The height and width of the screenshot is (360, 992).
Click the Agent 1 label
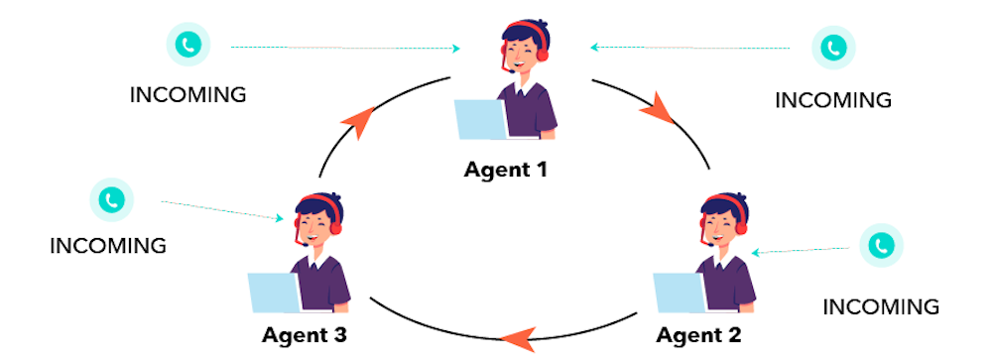click(x=506, y=170)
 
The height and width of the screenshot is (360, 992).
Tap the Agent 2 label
click(x=698, y=334)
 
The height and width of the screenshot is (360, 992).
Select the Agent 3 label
click(x=305, y=334)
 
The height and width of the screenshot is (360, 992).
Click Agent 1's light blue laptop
click(x=482, y=120)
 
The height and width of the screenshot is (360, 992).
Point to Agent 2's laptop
click(x=681, y=293)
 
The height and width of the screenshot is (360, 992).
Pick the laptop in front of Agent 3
click(x=275, y=293)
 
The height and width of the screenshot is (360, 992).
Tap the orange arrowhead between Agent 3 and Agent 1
click(x=358, y=121)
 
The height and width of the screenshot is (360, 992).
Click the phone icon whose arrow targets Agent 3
click(x=112, y=200)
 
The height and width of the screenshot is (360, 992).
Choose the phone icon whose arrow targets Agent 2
click(x=882, y=245)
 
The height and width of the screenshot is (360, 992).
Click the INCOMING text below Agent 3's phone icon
click(x=108, y=246)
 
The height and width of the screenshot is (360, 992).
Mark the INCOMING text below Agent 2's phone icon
click(x=881, y=307)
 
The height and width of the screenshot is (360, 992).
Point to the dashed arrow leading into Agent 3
click(x=222, y=210)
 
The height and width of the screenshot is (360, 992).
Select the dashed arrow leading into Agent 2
click(x=801, y=251)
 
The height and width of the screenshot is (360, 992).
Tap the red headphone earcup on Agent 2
click(x=741, y=227)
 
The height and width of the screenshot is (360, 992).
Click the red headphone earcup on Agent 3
click(x=336, y=227)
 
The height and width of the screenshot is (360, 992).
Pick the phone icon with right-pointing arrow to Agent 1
click(x=188, y=46)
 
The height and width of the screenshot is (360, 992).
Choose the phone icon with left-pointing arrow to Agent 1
click(x=834, y=48)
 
